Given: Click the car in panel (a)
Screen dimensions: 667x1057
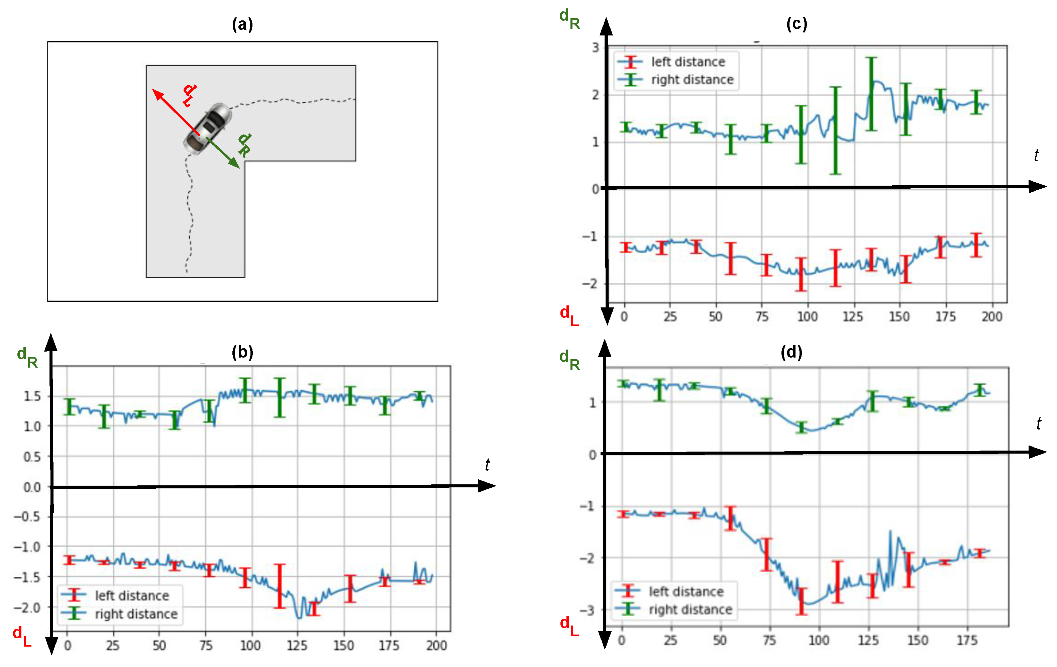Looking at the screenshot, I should (x=207, y=129).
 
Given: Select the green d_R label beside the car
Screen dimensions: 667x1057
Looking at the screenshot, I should (x=244, y=145).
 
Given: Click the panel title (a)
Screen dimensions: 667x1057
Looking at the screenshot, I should (x=242, y=24).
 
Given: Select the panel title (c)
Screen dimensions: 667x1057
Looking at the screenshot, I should (x=796, y=23).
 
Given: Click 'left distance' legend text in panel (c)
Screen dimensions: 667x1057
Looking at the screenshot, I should (x=688, y=62).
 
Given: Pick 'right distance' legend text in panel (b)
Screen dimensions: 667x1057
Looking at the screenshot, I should (x=136, y=614).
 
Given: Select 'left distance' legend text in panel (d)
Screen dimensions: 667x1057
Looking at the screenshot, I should (x=686, y=591).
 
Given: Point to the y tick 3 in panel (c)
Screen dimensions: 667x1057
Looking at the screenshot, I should (x=595, y=47).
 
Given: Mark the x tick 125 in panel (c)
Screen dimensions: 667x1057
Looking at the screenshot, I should (x=852, y=316).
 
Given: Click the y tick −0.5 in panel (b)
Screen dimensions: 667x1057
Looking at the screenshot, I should (x=27, y=517).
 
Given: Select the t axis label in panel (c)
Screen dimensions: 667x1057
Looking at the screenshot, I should (x=1036, y=155).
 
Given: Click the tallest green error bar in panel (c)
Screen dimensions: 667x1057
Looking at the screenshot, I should (x=871, y=94).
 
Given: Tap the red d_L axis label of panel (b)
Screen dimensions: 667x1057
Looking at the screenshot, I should (x=21, y=637).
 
